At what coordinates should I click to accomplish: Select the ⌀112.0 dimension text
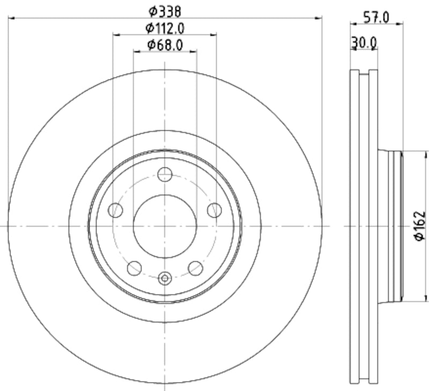165,27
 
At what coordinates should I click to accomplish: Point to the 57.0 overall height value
376,17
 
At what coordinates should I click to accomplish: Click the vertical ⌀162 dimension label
420,226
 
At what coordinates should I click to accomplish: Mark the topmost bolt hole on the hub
165,174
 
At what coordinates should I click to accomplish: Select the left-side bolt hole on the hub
115,210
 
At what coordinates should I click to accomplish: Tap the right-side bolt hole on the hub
214,210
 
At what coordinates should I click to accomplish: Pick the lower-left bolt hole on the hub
134,268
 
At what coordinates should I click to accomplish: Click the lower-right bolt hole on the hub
196,268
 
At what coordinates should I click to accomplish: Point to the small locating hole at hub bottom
165,278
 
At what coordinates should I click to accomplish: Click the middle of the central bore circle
165,226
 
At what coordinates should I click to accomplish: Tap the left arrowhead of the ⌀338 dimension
11,18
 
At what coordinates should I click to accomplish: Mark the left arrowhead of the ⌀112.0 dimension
115,35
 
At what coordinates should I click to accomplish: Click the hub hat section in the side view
389,226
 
